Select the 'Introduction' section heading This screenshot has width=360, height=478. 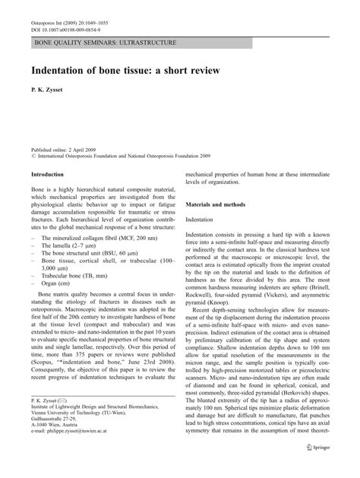[x=51, y=174]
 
